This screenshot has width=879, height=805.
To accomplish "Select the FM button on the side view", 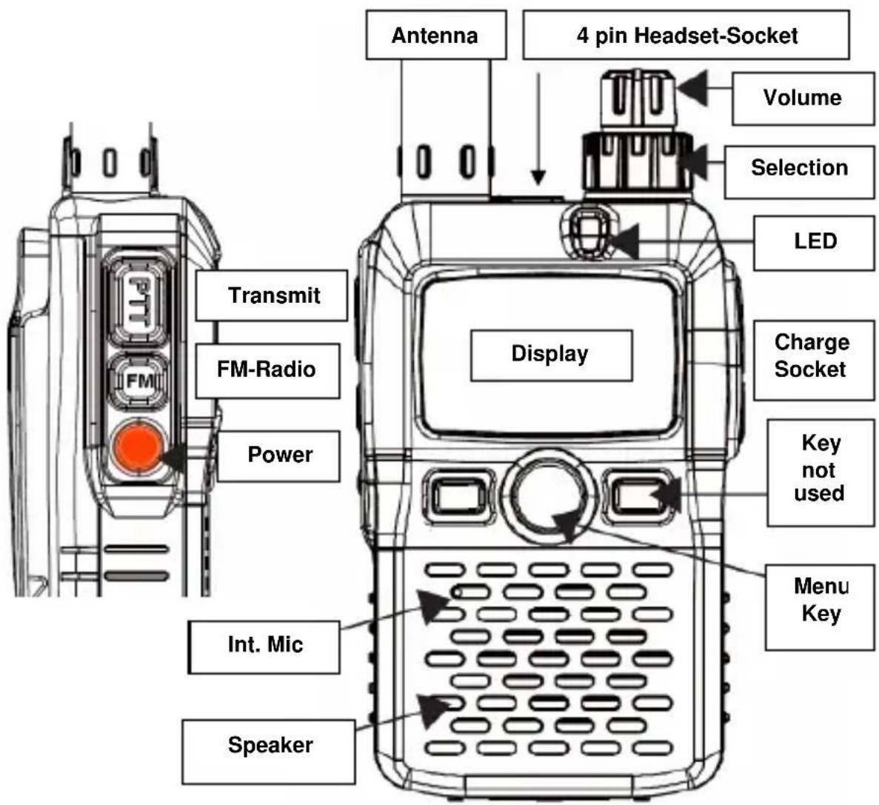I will tap(138, 381).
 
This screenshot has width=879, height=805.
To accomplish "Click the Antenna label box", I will tap(435, 35).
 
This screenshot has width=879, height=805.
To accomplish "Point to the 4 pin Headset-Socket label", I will tap(686, 35).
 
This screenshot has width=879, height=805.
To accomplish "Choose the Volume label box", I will tap(803, 98).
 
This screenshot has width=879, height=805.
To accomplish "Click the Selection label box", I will tap(799, 168).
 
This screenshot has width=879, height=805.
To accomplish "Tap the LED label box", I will tap(815, 241).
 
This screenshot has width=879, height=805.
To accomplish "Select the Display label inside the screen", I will tap(551, 355).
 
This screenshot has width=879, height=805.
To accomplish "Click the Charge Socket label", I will tap(812, 356).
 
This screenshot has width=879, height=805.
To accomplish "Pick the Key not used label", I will tap(820, 468).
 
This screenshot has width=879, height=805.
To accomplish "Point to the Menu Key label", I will tap(820, 601).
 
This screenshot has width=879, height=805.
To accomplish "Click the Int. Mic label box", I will tap(264, 644).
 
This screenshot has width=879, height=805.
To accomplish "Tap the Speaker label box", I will tap(269, 744).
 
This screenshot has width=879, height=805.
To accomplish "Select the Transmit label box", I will tap(272, 295).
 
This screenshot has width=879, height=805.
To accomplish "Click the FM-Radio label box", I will tap(267, 369).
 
